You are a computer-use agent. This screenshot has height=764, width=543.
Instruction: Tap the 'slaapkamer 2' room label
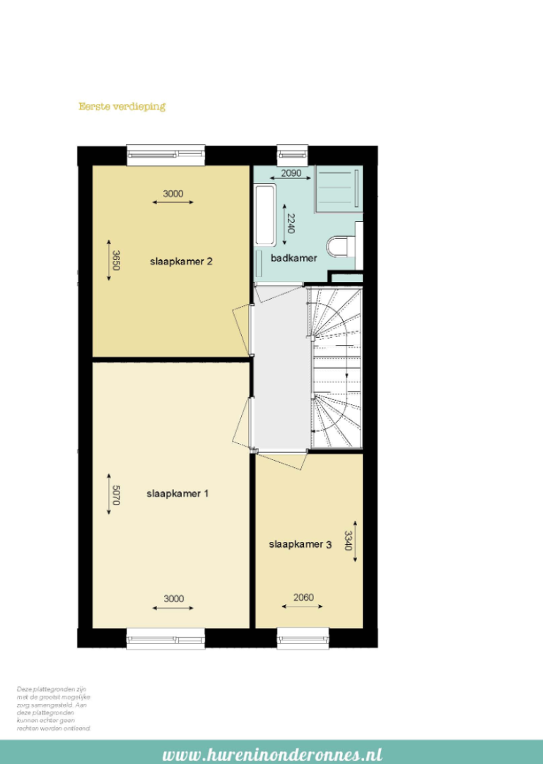(181, 261)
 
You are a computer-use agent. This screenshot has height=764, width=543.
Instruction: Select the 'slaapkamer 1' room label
(177, 493)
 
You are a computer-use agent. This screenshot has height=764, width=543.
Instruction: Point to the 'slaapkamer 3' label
(300, 544)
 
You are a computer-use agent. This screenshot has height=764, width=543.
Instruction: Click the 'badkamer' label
(294, 258)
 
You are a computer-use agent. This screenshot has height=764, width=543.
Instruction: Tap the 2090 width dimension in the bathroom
(291, 173)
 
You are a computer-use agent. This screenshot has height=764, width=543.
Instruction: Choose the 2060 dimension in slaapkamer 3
(303, 598)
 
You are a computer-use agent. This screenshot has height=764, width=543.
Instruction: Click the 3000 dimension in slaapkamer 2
(173, 194)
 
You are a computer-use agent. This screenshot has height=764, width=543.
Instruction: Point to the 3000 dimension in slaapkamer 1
(173, 599)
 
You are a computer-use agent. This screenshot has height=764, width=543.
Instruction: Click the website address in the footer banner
(272, 754)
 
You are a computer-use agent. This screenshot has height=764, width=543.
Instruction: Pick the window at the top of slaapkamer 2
(165, 154)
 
